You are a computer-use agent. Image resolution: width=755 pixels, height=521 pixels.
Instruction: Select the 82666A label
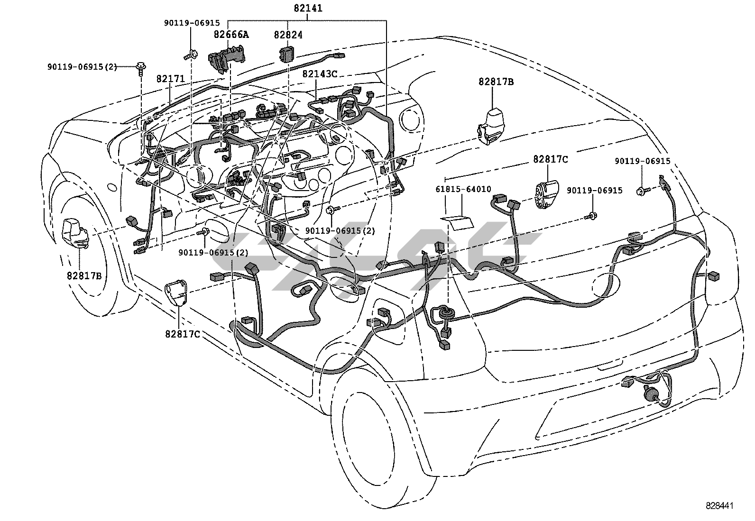point(231,34)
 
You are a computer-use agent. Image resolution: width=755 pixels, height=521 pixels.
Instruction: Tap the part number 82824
point(288,35)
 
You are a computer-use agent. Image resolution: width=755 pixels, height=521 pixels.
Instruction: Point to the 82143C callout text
point(320,74)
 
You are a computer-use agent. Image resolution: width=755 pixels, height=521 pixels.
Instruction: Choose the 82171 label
point(170,79)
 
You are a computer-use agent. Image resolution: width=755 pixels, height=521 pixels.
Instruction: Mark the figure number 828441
point(719,506)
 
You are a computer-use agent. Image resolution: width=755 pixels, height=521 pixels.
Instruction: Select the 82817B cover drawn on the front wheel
point(76,233)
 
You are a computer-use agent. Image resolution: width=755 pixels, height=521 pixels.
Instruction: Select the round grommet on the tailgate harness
point(446,313)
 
